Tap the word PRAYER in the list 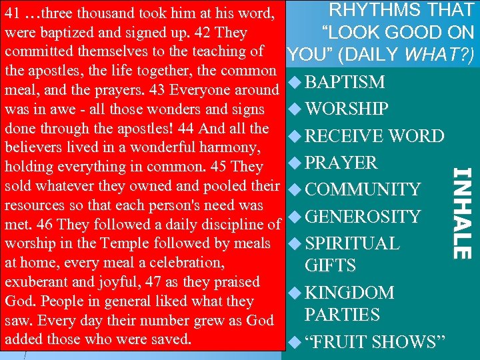[x=341, y=163]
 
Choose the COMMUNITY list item [x=363, y=190]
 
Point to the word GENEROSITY [x=363, y=217]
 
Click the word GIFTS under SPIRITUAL [x=331, y=266]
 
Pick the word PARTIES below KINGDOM [x=342, y=315]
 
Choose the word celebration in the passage [x=186, y=263]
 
